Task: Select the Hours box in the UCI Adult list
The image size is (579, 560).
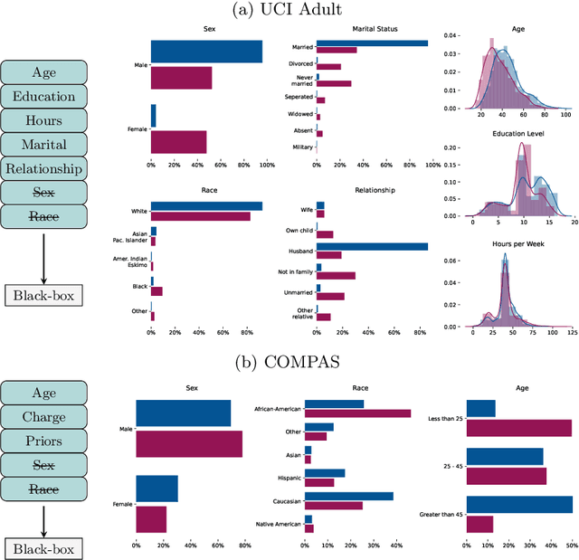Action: click(x=43, y=120)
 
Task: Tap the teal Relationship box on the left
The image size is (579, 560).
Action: click(x=43, y=168)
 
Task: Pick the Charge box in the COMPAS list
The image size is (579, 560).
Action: click(x=43, y=418)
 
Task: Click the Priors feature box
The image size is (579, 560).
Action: click(x=43, y=441)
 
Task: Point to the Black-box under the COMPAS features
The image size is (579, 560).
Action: click(x=43, y=548)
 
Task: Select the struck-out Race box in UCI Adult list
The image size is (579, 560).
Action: click(x=43, y=216)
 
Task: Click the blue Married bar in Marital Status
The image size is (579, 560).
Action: click(x=372, y=43)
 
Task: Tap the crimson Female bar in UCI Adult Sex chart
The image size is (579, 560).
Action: click(x=178, y=142)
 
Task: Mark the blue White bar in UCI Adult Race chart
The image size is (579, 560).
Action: click(x=206, y=206)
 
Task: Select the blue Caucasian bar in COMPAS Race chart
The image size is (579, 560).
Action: click(x=349, y=496)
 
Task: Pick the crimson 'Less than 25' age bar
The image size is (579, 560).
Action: click(x=518, y=428)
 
